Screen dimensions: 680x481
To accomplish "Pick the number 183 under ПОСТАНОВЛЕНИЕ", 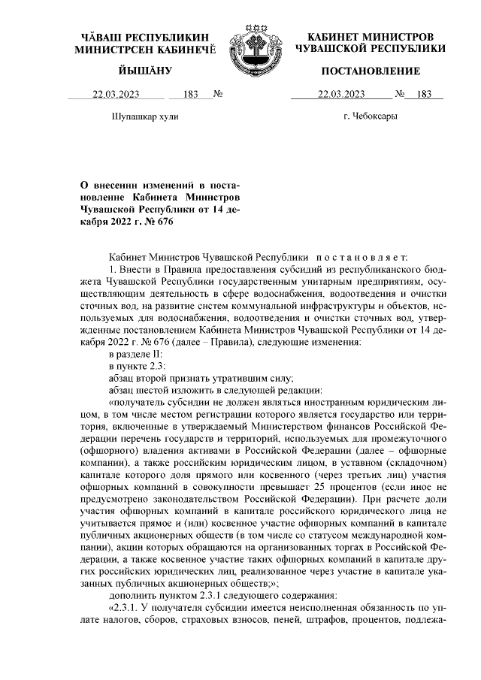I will coord(424,94).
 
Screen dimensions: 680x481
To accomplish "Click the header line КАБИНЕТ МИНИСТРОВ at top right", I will coord(370,37).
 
